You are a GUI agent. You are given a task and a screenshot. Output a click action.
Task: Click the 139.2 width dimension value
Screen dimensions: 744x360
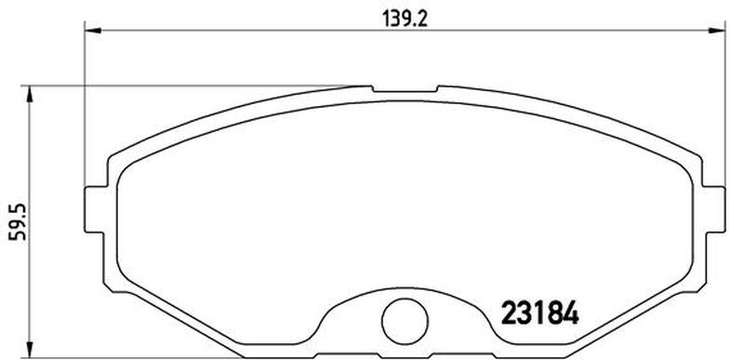[x=405, y=19]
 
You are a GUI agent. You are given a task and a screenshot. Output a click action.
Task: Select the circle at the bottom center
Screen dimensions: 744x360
[x=405, y=322]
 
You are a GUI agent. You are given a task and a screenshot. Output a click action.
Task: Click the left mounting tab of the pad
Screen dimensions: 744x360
[x=94, y=209]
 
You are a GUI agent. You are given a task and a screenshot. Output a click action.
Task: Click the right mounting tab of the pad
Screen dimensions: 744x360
[x=714, y=209]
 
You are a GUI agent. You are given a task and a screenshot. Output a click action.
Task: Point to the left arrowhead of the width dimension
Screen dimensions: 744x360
[x=92, y=31]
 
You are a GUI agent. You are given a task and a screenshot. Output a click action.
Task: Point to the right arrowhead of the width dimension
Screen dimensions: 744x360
[x=717, y=31]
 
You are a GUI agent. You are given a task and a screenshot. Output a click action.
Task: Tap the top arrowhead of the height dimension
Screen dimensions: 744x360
[x=30, y=94]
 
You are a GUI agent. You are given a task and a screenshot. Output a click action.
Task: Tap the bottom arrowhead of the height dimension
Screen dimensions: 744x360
[x=30, y=349]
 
